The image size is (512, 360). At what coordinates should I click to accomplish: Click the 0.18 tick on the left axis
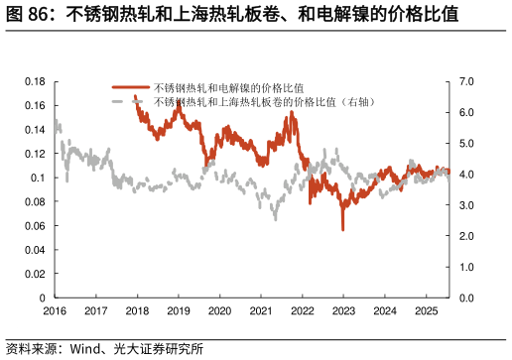click(36, 81)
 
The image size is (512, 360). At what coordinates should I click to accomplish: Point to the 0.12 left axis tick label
click(36, 154)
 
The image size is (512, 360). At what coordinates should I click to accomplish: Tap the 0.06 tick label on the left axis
click(36, 226)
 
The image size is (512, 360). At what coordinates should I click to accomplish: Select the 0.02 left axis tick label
click(36, 274)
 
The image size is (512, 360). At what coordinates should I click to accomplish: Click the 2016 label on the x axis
click(55, 311)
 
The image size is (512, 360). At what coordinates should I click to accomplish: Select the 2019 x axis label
click(178, 311)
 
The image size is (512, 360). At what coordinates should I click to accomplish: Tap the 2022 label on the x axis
click(302, 311)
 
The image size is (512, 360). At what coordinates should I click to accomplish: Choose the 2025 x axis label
click(426, 311)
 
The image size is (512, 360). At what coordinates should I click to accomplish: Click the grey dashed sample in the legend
click(129, 102)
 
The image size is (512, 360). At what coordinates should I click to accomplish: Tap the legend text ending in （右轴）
click(263, 102)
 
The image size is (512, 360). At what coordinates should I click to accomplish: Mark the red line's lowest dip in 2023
click(342, 229)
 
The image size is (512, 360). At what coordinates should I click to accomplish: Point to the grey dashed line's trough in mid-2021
click(276, 217)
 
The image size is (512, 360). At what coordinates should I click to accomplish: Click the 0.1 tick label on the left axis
click(39, 178)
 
